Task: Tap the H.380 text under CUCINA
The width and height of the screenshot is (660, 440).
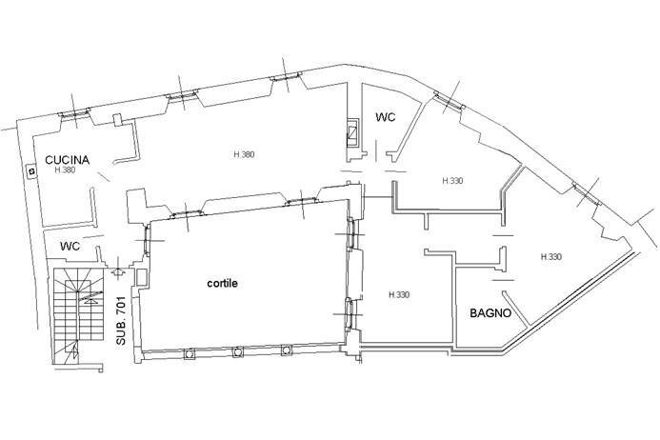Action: click(64, 171)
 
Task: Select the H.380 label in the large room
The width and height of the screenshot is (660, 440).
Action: click(244, 154)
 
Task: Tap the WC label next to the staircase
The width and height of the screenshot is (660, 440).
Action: click(70, 246)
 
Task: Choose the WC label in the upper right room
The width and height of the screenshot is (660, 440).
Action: click(386, 117)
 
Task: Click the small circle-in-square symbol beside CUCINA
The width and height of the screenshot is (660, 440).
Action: click(30, 171)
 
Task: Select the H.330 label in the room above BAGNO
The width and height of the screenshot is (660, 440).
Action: click(550, 257)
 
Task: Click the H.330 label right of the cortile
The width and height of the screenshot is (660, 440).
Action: click(398, 295)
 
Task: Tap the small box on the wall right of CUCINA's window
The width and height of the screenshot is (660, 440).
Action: click(116, 120)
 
